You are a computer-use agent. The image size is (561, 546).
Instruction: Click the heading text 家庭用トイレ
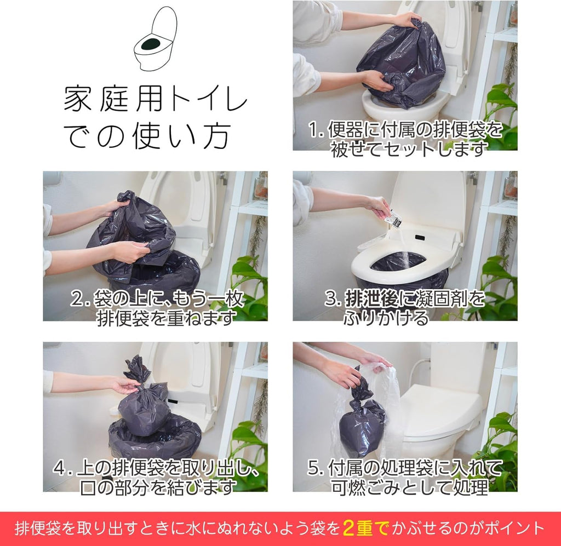coord(155,99)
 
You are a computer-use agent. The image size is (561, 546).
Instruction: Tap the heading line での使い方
coord(147,136)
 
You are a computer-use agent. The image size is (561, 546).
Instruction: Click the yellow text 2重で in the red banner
coord(365,528)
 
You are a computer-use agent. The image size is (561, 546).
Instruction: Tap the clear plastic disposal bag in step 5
coord(383,405)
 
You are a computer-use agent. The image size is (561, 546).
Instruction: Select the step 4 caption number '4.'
coord(62,468)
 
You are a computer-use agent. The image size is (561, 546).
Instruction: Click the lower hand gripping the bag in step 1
coord(377,81)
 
